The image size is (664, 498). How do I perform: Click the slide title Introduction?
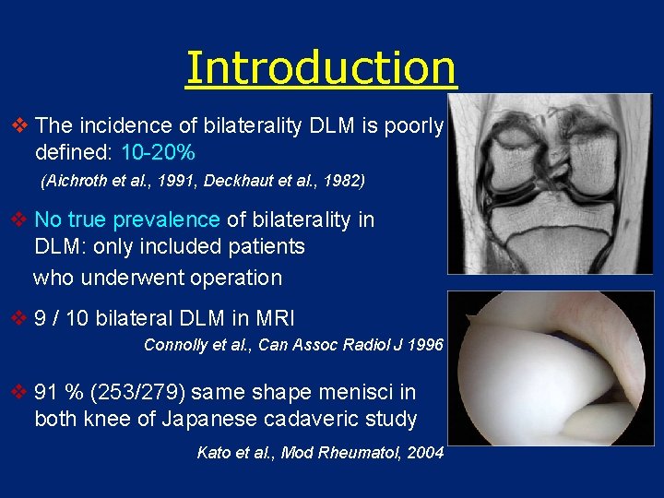[x=321, y=67]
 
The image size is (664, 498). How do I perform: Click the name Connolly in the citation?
[x=176, y=346]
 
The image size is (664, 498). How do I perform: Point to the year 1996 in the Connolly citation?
[x=426, y=346]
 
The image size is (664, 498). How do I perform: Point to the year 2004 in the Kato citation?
[x=425, y=453]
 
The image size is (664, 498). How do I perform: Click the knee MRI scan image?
[x=550, y=184]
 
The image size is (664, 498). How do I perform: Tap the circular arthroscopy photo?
[x=550, y=369]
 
